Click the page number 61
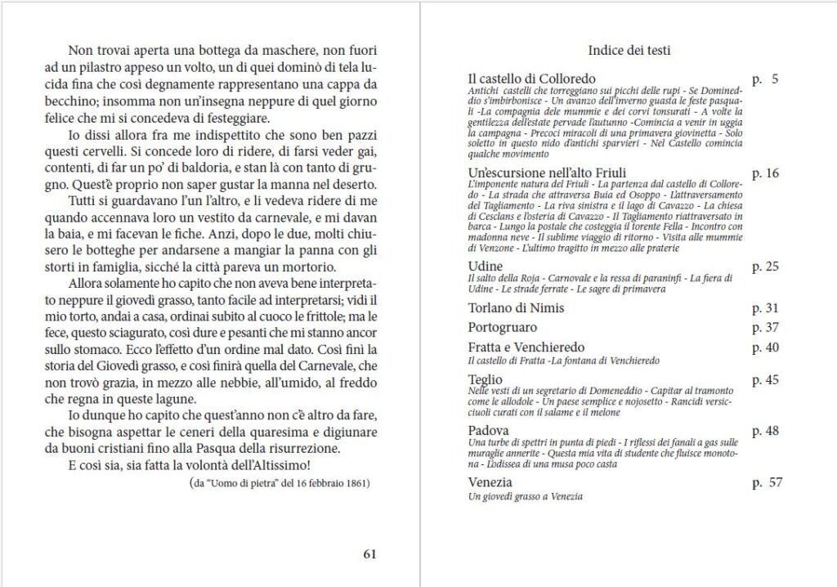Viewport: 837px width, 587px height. (369, 553)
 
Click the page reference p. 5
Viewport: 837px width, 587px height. (765, 79)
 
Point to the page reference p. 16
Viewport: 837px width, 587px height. (766, 173)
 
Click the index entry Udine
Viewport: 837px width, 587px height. (486, 267)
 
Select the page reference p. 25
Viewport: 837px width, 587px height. (766, 267)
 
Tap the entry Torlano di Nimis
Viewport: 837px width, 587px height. (516, 308)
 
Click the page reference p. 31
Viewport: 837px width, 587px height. (766, 308)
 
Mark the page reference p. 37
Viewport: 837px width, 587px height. (766, 328)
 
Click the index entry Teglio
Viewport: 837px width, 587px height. (486, 379)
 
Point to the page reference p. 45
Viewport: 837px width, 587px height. (766, 379)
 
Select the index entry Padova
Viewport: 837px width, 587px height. (489, 430)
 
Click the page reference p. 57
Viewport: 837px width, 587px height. (767, 482)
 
